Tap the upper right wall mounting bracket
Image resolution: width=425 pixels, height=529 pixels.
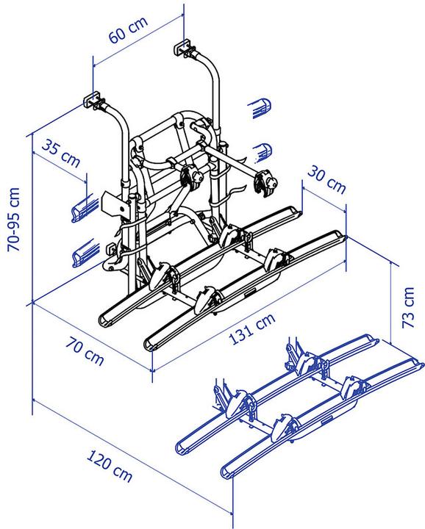tap(182, 49)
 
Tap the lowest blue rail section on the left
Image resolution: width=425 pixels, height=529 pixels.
tap(84, 256)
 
